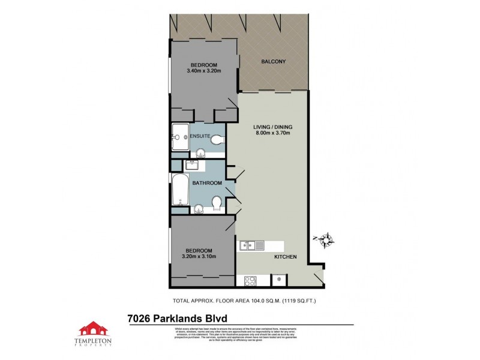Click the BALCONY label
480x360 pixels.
pyautogui.click(x=272, y=61)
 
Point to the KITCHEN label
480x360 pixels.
pyautogui.click(x=286, y=257)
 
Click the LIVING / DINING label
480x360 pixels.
pyautogui.click(x=272, y=126)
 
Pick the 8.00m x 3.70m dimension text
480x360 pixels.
pyautogui.click(x=272, y=133)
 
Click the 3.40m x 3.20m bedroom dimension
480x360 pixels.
pyautogui.click(x=204, y=71)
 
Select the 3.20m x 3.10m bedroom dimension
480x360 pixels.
pyautogui.click(x=199, y=257)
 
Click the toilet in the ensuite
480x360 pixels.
pyautogui.click(x=217, y=140)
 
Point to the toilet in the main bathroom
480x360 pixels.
pyautogui.click(x=217, y=205)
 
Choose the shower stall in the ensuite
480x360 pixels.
pyautogui.click(x=180, y=138)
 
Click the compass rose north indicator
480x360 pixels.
pyautogui.click(x=325, y=240)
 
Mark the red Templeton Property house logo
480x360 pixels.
pyautogui.click(x=94, y=329)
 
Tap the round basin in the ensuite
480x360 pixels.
pyautogui.click(x=201, y=152)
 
